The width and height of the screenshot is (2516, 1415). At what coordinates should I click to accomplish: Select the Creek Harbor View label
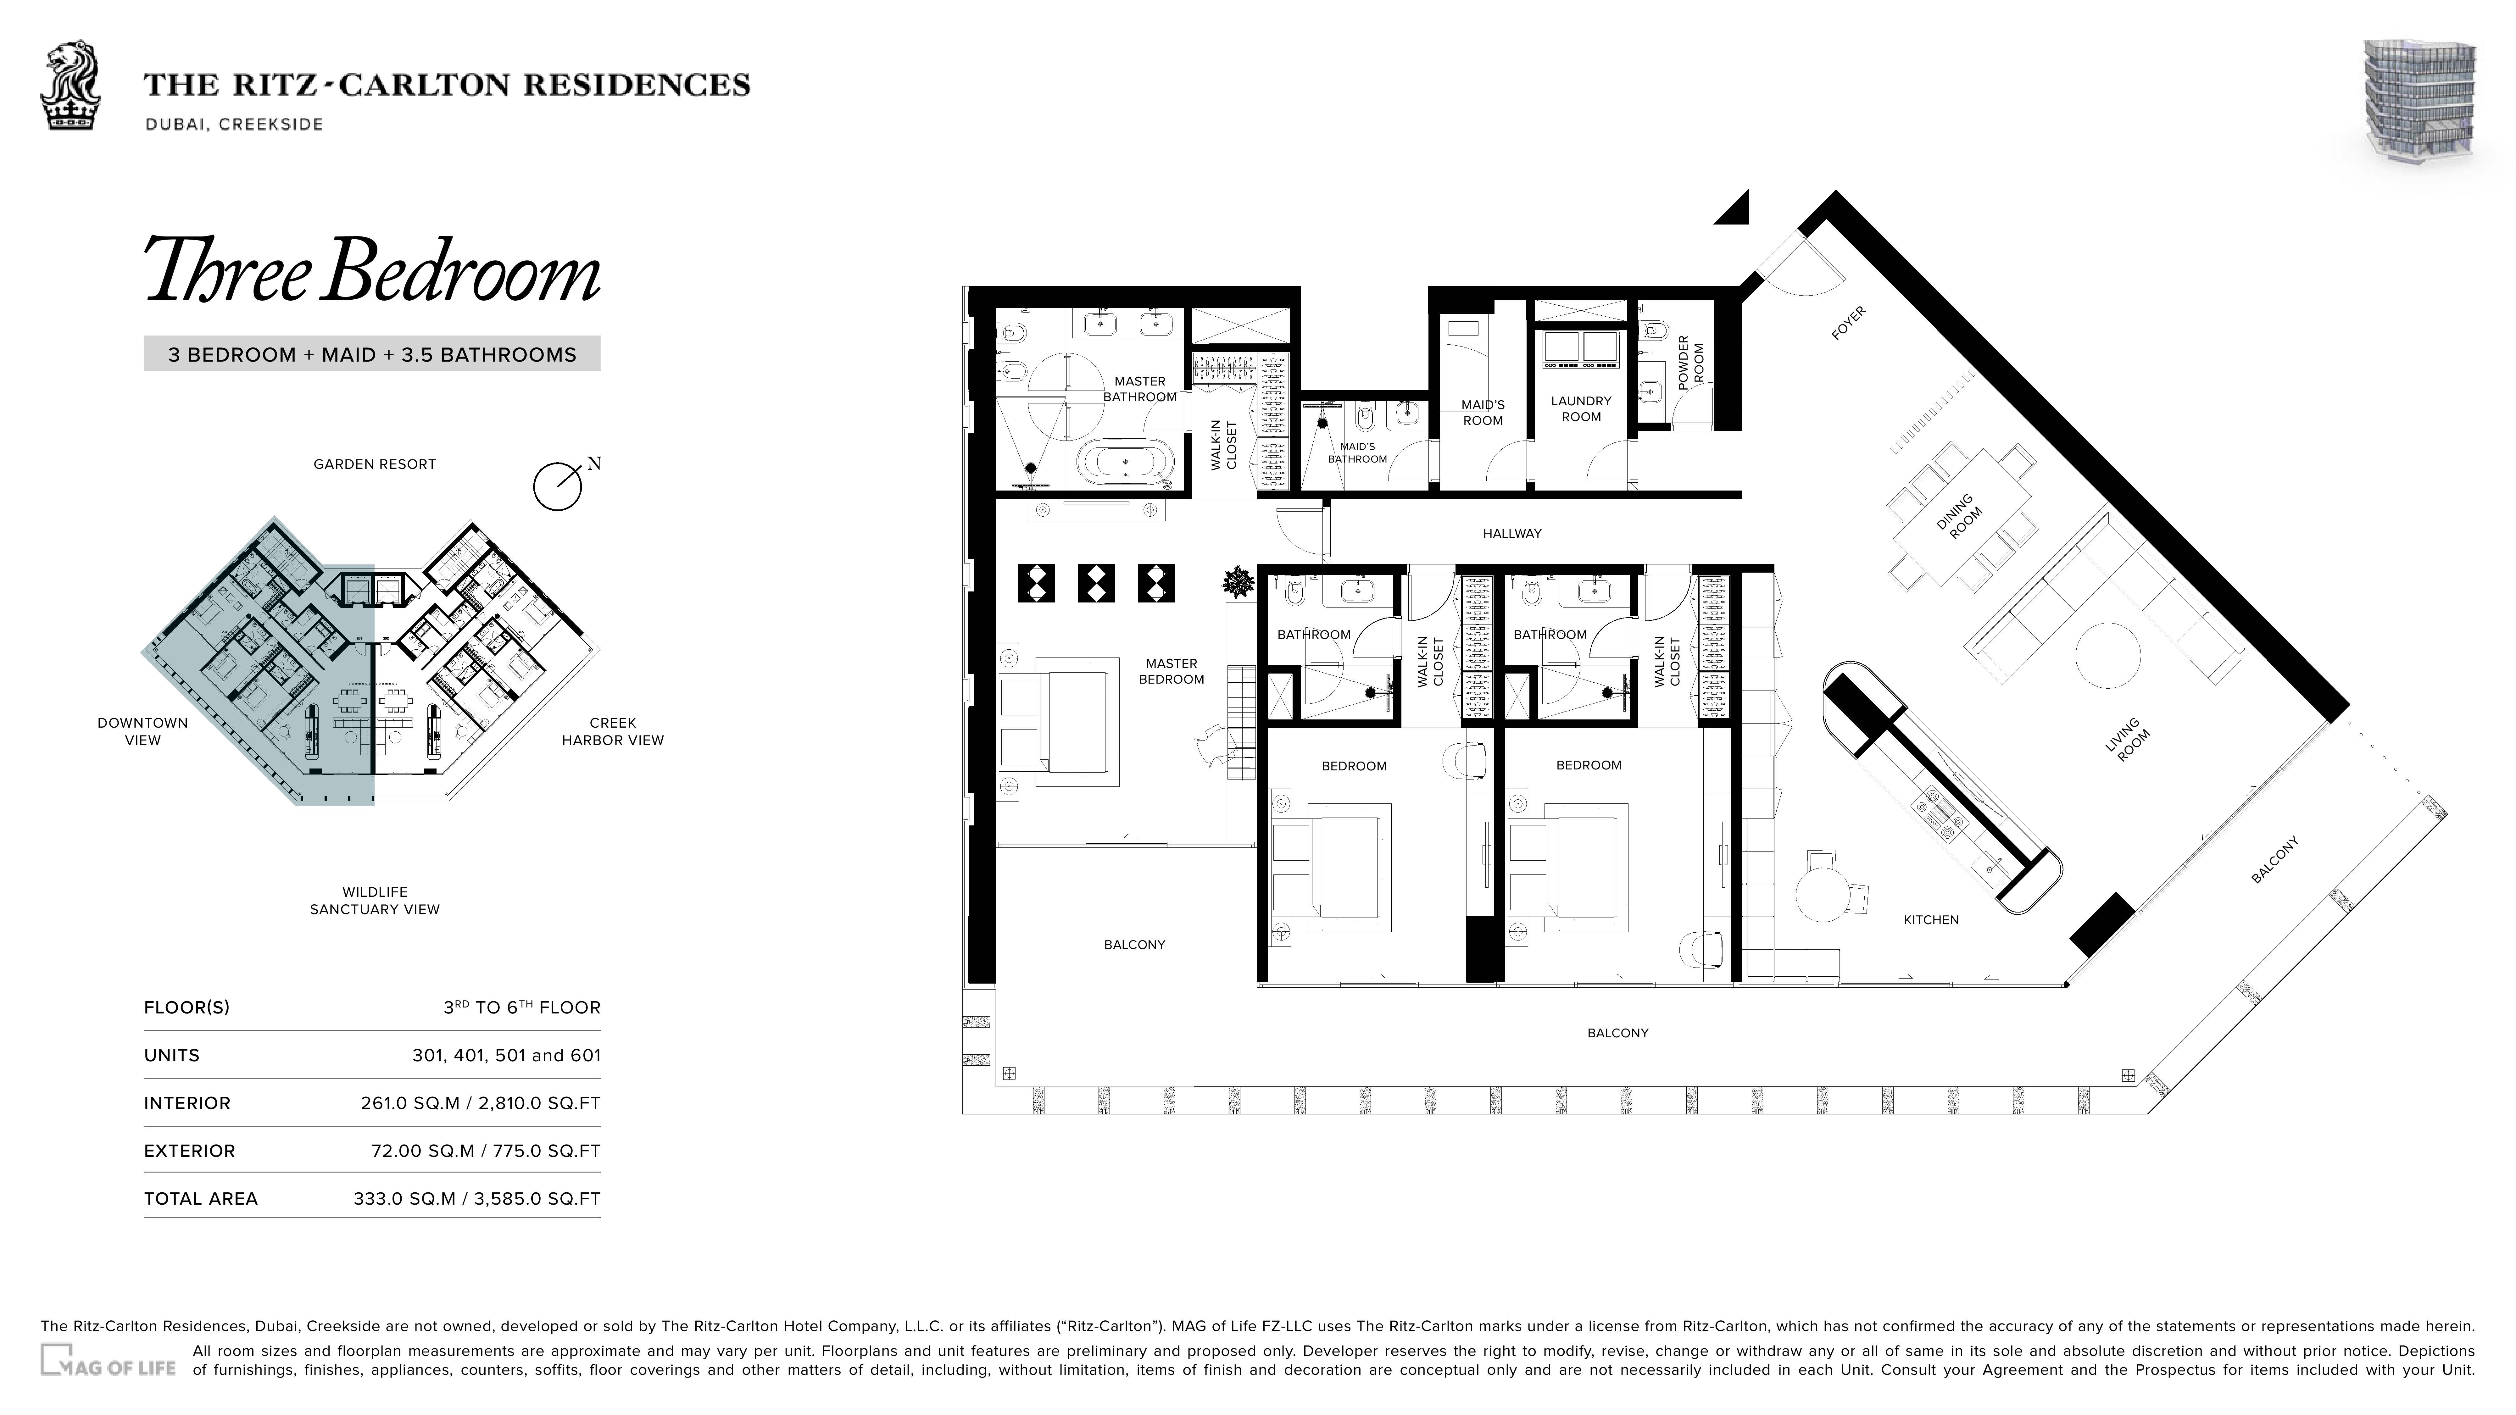tap(612, 731)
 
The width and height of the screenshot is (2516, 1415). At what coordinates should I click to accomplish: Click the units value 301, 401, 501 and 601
tap(506, 1056)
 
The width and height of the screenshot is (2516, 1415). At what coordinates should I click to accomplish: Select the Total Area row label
tap(200, 1199)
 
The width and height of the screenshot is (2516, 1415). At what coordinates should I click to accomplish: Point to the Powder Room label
tap(1691, 363)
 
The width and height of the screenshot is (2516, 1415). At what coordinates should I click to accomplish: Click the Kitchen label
tap(1931, 920)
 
